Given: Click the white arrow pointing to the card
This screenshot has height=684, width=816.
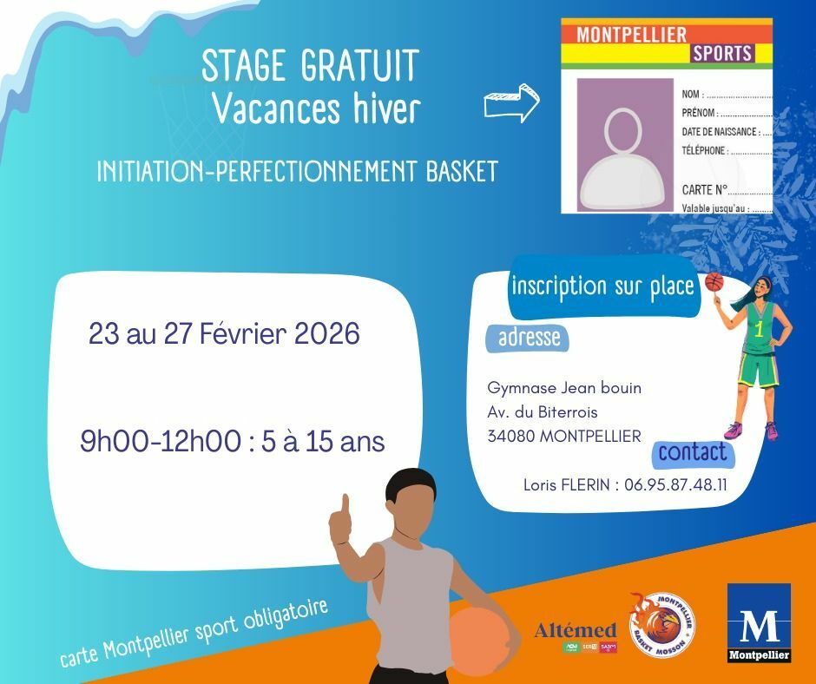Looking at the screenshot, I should pyautogui.click(x=511, y=103).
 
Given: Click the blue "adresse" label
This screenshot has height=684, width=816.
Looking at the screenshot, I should pyautogui.click(x=529, y=337).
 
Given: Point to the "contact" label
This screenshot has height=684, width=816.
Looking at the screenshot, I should pyautogui.click(x=692, y=452).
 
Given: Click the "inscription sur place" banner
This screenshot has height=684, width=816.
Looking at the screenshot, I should pyautogui.click(x=603, y=286).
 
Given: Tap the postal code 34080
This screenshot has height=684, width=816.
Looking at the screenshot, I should pyautogui.click(x=511, y=436).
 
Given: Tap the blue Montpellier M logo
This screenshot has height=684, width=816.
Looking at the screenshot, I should pyautogui.click(x=759, y=622).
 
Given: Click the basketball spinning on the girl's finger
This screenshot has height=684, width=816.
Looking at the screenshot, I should pyautogui.click(x=714, y=281).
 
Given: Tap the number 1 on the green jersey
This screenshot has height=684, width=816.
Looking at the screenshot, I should pyautogui.click(x=759, y=329).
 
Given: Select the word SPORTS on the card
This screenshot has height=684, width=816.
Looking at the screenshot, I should pyautogui.click(x=721, y=54).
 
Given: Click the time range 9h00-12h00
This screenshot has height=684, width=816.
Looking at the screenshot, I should pyautogui.click(x=160, y=442).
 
